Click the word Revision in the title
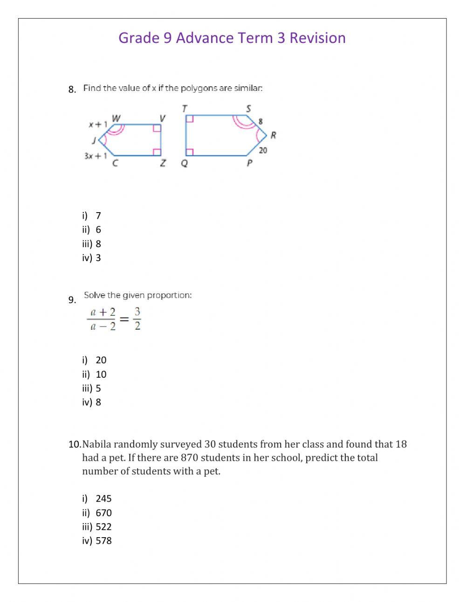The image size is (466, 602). coord(317,38)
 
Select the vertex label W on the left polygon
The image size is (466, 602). coord(116,118)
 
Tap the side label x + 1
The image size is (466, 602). coord(98,125)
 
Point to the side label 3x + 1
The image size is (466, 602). coord(96,156)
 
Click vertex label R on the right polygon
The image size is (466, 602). coord(273,135)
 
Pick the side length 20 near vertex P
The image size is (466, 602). coord(263,150)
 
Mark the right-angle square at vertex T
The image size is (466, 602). coord(189,119)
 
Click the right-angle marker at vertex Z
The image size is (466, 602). coord(157,152)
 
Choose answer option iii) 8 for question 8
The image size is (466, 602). coord(92,244)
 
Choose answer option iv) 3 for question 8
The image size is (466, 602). coord(92,258)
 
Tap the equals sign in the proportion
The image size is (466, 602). coord(124,319)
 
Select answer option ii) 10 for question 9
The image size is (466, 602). coord(95,374)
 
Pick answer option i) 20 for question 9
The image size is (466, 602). coord(95,360)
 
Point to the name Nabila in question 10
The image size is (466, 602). coord(96,444)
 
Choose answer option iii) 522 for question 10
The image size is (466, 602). coord(97,527)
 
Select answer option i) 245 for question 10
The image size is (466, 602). coord(97,498)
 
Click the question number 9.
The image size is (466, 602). coord(72,300)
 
